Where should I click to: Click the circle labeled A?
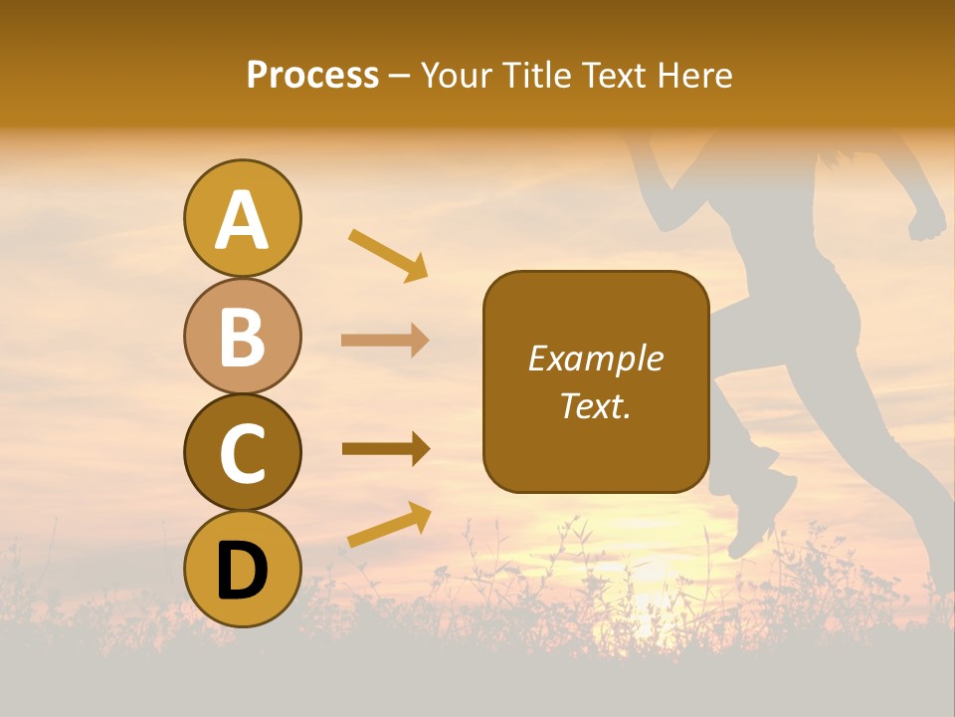click(242, 219)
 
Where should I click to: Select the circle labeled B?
click(242, 336)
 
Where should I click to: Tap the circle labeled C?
click(242, 452)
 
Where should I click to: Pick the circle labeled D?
click(242, 569)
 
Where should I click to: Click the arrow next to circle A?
click(388, 255)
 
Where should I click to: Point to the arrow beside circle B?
click(385, 341)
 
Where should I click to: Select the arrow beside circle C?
click(385, 449)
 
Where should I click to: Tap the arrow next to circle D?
click(389, 525)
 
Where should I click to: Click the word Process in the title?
click(312, 76)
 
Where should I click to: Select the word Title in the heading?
click(534, 76)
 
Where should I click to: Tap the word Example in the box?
click(596, 358)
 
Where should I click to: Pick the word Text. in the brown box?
click(596, 405)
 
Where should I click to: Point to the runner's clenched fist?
click(927, 221)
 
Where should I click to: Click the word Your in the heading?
click(455, 76)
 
